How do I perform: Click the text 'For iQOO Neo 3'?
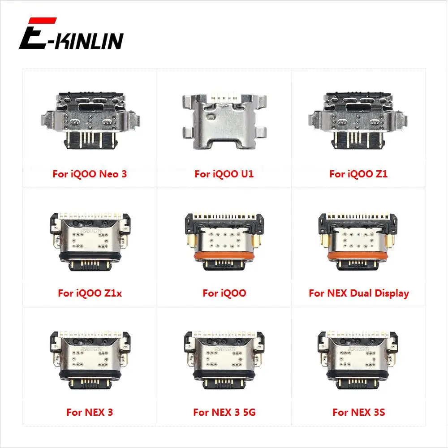pyautogui.click(x=90, y=174)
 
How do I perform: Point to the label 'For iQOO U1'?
pyautogui.click(x=224, y=174)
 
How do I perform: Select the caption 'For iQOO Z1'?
pyautogui.click(x=358, y=174)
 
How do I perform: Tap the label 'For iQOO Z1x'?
pyautogui.click(x=90, y=293)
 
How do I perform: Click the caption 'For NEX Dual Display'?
pyautogui.click(x=358, y=293)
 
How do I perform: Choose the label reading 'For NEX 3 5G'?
pyautogui.click(x=224, y=412)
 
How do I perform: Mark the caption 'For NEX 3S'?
pyautogui.click(x=358, y=412)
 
